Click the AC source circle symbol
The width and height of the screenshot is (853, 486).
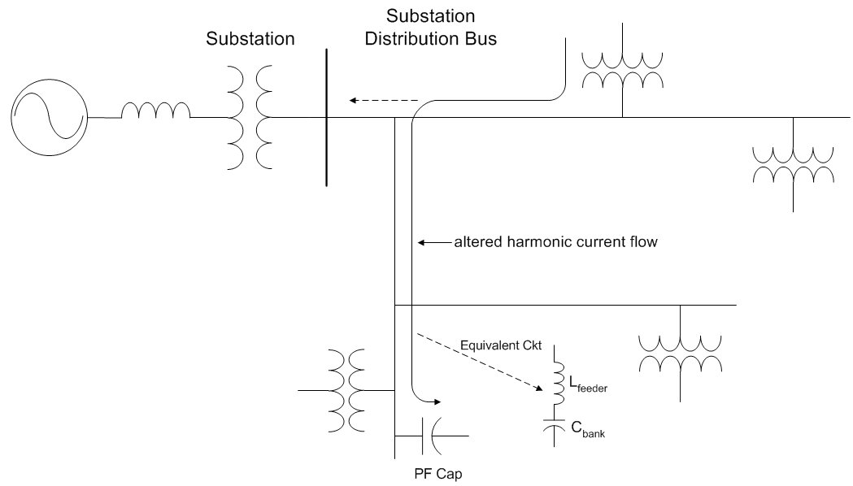tap(50, 118)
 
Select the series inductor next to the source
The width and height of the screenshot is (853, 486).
tap(156, 112)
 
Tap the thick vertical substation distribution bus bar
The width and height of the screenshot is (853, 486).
tap(326, 118)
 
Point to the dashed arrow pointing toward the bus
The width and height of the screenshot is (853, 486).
tap(383, 101)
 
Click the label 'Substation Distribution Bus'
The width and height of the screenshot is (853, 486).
tap(430, 28)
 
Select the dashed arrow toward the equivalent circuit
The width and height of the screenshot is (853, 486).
tap(480, 363)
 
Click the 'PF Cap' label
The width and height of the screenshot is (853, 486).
tap(432, 471)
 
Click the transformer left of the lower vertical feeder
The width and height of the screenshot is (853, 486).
tap(346, 390)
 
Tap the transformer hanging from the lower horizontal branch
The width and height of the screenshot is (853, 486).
tap(680, 353)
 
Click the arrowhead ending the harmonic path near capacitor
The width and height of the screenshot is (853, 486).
tap(437, 401)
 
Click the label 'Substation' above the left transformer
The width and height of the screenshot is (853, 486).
tap(250, 39)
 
